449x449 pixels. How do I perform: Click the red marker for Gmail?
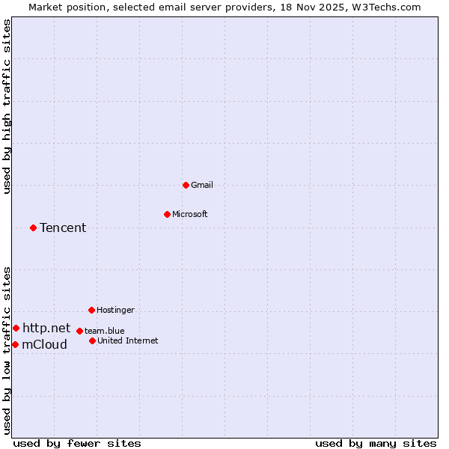[186, 185]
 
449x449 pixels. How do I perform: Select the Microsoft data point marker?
[167, 214]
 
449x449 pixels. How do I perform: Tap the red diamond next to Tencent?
[33, 227]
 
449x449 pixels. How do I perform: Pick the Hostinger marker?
[91, 310]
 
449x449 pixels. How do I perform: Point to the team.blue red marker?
[79, 331]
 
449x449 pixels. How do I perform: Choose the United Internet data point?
[92, 340]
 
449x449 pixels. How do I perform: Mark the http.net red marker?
[16, 328]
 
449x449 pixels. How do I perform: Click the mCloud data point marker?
[15, 344]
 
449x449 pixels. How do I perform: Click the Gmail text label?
[202, 185]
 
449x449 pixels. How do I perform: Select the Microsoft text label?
[190, 214]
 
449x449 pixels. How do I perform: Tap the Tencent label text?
[63, 227]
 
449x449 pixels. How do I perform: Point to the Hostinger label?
[115, 310]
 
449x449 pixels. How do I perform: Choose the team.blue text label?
[105, 331]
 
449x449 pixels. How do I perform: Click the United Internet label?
[128, 340]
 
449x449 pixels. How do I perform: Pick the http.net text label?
[46, 328]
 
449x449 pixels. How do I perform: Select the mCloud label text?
[44, 344]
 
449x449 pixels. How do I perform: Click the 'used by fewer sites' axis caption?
[77, 443]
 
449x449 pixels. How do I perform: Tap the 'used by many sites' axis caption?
[376, 443]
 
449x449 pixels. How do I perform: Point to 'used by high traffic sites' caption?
[7, 106]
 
